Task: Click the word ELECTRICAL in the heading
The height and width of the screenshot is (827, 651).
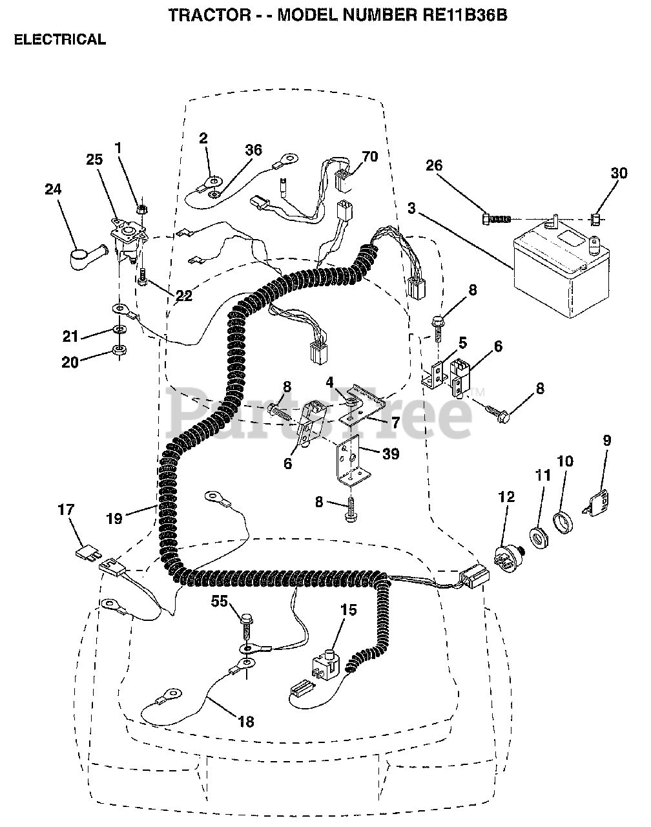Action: tap(59, 39)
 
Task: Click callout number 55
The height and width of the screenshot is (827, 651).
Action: tap(221, 602)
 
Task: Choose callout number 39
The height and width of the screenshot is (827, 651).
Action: tap(390, 454)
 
